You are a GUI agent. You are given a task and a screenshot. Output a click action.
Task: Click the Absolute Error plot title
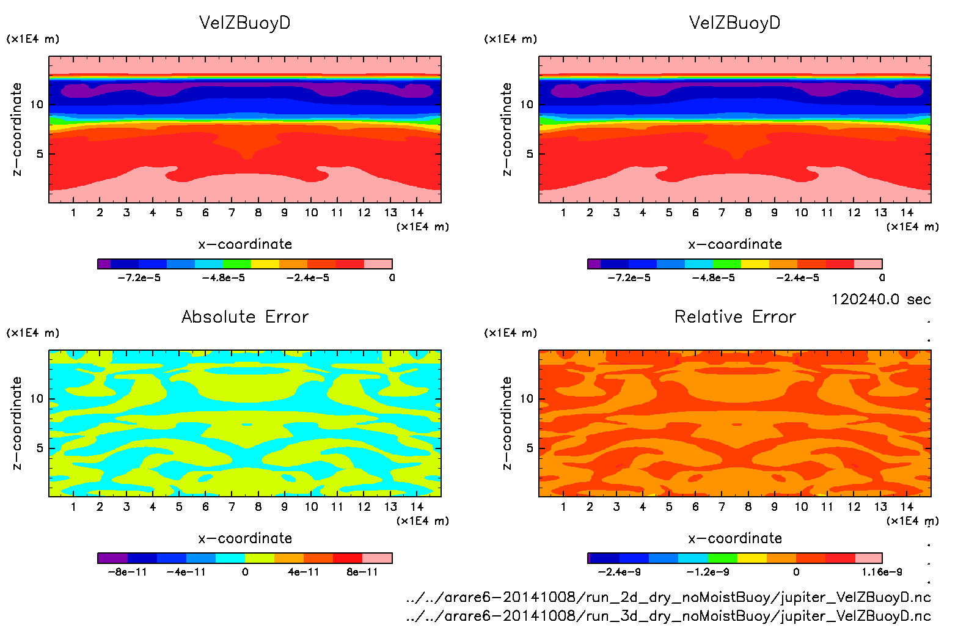point(245,317)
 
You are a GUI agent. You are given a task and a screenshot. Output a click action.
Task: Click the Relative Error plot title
point(735,317)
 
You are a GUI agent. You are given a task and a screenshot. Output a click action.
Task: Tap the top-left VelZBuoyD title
point(245,23)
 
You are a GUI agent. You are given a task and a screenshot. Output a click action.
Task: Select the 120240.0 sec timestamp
point(881,299)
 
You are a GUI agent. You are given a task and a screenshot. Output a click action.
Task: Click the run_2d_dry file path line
point(668,597)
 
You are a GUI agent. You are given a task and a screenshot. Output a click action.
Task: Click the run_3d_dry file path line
point(668,615)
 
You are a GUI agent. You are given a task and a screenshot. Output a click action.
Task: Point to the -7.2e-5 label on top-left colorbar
point(139,278)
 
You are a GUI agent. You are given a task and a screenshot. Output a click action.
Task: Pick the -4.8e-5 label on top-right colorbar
point(714,278)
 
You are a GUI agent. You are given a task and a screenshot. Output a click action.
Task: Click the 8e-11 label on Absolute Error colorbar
point(362,572)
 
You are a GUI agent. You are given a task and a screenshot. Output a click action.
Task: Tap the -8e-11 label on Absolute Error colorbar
point(127,572)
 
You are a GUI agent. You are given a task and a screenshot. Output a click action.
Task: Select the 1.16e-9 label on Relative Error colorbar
point(882,572)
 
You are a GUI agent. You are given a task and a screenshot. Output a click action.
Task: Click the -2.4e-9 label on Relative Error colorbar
point(619,572)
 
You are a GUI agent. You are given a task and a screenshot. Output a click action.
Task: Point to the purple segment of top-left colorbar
point(104,264)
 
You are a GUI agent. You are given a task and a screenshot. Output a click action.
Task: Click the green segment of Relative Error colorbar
point(723,558)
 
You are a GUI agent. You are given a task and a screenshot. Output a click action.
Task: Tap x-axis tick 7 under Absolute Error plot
point(232,507)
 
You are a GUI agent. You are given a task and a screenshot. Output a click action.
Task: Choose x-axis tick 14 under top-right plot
point(907,213)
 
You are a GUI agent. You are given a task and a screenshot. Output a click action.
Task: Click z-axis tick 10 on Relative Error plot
point(527,399)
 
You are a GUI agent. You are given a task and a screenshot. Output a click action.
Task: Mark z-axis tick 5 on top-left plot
point(40,154)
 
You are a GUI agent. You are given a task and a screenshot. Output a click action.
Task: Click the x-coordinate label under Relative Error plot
point(735,538)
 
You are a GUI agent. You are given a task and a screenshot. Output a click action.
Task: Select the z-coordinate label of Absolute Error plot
point(16,423)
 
